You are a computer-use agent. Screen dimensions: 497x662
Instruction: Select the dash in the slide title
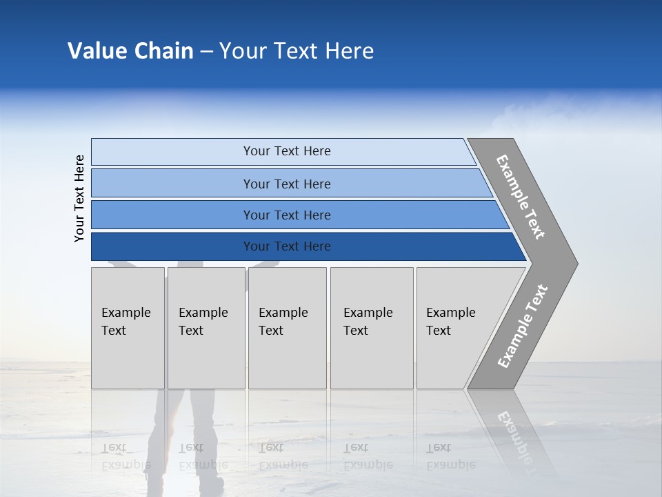206,52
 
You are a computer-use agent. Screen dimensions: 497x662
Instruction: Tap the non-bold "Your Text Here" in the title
297,51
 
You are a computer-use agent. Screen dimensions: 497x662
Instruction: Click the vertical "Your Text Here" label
79,198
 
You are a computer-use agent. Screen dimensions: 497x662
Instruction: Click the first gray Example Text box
128,328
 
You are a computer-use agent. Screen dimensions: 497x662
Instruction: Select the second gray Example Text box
205,328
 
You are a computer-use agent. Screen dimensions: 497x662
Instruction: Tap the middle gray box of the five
287,328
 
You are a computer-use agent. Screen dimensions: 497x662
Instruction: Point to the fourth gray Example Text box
372,328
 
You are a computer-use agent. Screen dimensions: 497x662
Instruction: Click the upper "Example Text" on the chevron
521,197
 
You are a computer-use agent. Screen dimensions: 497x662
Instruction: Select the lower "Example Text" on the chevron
523,326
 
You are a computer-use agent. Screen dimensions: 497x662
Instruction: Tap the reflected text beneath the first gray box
124,456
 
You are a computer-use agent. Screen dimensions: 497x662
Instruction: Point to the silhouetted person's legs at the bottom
186,442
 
